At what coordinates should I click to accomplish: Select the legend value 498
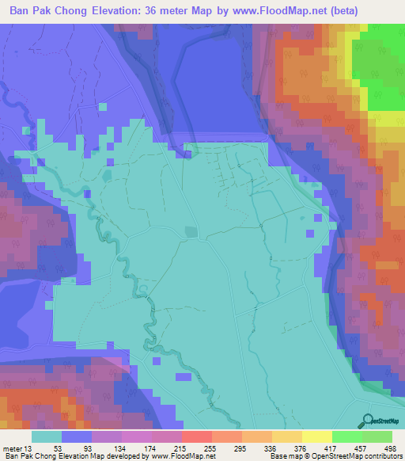click(x=388, y=448)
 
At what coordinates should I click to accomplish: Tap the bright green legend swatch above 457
click(x=346, y=436)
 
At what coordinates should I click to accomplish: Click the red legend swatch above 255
click(x=196, y=436)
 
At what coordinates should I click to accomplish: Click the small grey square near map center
click(x=190, y=232)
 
